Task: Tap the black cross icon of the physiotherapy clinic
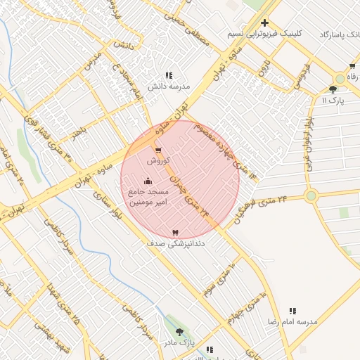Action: [264, 22]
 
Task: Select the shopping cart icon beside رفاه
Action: [352, 66]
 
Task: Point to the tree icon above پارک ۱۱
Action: [333, 89]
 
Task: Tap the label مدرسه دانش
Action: [169, 86]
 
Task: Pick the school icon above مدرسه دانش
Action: [169, 75]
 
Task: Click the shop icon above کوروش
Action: [157, 150]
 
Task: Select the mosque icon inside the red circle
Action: [148, 181]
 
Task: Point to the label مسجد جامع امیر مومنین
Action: [148, 197]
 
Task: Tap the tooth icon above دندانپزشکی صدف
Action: [175, 232]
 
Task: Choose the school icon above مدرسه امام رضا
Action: [292, 310]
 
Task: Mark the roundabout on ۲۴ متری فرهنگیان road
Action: [311, 196]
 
